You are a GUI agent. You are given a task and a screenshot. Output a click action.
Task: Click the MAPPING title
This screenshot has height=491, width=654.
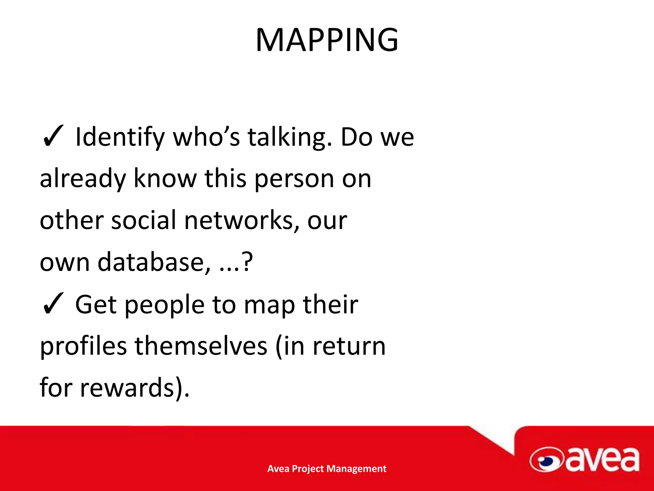[x=327, y=40]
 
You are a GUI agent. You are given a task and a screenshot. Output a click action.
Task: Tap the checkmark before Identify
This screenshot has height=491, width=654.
[x=53, y=137]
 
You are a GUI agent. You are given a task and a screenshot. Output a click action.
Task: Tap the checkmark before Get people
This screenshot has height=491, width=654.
[x=53, y=304]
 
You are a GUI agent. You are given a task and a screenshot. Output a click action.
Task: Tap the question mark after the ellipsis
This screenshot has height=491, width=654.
[x=247, y=261]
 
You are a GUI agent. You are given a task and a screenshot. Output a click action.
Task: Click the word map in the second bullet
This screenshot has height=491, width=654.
[x=270, y=305]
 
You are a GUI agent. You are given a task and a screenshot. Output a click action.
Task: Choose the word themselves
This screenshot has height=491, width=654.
[x=201, y=347]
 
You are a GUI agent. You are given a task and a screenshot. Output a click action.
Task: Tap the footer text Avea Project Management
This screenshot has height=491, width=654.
[x=327, y=469]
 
